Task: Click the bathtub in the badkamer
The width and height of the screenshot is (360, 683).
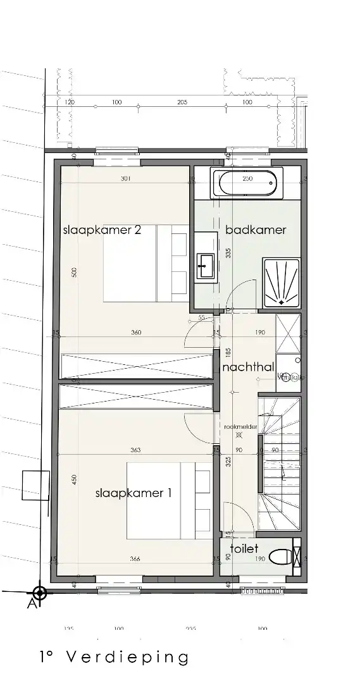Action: click(244, 183)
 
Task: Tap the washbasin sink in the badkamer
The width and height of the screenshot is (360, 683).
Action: click(206, 265)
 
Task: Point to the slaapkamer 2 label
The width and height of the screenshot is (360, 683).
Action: click(101, 230)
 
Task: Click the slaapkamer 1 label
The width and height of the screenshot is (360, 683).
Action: click(133, 493)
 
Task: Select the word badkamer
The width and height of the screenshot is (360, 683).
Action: click(256, 230)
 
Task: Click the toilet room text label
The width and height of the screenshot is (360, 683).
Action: click(244, 549)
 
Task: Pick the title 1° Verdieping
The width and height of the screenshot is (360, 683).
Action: click(113, 658)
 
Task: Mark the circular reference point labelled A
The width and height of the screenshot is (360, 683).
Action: click(40, 593)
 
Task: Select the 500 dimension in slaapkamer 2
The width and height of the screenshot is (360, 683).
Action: click(75, 273)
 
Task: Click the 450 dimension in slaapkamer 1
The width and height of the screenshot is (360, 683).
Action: click(74, 479)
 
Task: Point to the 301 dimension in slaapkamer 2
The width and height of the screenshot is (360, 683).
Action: click(125, 179)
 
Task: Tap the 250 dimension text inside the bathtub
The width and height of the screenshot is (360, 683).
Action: click(247, 179)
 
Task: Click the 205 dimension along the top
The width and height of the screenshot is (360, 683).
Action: click(182, 102)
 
